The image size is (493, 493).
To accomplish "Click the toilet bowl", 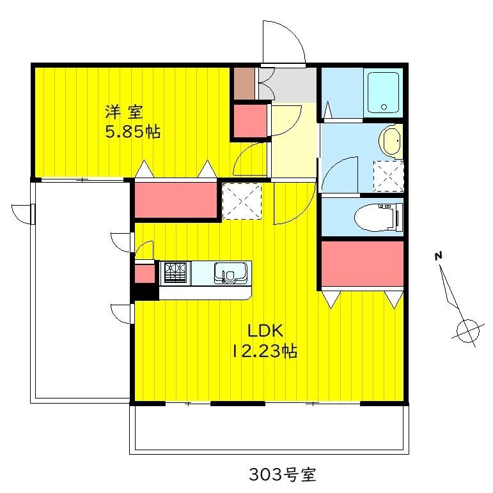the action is pyautogui.click(x=378, y=217).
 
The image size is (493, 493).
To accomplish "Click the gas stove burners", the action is pyautogui.click(x=175, y=273).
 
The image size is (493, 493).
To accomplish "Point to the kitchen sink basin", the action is pyautogui.click(x=230, y=273).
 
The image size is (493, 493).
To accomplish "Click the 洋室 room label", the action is pyautogui.click(x=124, y=112).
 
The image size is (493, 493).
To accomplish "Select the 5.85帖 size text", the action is pyautogui.click(x=132, y=132).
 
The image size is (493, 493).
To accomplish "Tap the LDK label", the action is pyautogui.click(x=265, y=330).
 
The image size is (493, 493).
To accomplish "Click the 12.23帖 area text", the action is pyautogui.click(x=265, y=351).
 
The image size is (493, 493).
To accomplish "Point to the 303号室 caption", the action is pyautogui.click(x=283, y=474).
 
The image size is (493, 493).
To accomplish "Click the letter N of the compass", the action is pyautogui.click(x=438, y=256).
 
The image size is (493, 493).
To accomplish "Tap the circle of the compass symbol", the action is pyautogui.click(x=468, y=331).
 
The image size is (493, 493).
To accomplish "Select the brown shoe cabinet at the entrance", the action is pyautogui.click(x=244, y=84).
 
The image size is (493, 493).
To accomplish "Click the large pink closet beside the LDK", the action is pyautogui.click(x=363, y=264).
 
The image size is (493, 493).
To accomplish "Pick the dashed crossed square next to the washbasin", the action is pyautogui.click(x=389, y=176).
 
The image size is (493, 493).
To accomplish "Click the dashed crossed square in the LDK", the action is pyautogui.click(x=242, y=201).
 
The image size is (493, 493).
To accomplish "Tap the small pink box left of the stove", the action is pyautogui.click(x=145, y=274).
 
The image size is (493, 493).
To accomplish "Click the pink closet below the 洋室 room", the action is pyautogui.click(x=176, y=200).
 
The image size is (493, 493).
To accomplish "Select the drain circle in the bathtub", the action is pyautogui.click(x=384, y=107).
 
